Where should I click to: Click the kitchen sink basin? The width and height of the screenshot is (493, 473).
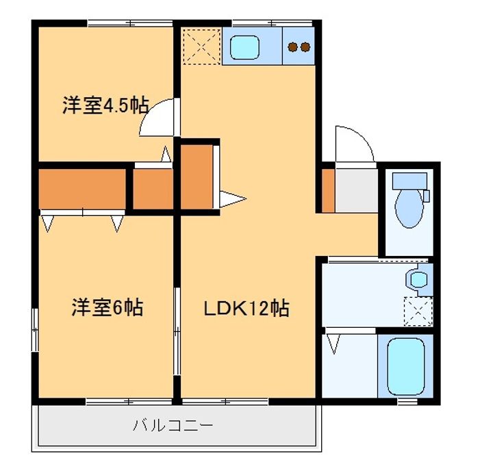pyautogui.click(x=244, y=47)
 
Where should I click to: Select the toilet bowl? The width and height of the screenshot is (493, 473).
pyautogui.click(x=409, y=208)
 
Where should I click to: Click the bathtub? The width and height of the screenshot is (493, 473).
pyautogui.click(x=406, y=366)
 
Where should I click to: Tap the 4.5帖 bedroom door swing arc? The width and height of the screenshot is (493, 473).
pyautogui.click(x=156, y=118)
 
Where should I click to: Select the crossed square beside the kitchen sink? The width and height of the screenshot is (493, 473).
pyautogui.click(x=201, y=47)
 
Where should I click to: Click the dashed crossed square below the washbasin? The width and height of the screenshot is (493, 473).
pyautogui.click(x=417, y=311)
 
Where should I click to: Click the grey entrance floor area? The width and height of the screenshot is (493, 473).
pyautogui.click(x=357, y=190)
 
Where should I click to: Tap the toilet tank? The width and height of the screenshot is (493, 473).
pyautogui.click(x=409, y=181)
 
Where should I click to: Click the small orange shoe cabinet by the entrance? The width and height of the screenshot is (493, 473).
pyautogui.click(x=328, y=189)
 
